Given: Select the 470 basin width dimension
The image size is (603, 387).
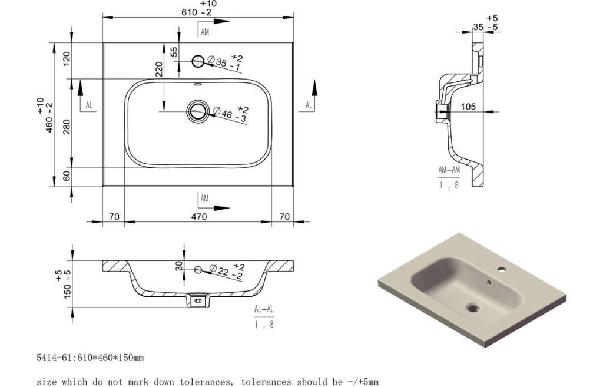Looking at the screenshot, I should tap(198, 217).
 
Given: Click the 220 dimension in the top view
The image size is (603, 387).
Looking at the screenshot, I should tap(158, 70).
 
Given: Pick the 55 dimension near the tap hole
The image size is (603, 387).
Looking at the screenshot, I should tap(174, 51).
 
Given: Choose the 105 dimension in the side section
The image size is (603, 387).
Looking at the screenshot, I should tap(468, 107).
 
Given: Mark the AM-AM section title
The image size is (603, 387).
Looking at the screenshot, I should tap(449, 170).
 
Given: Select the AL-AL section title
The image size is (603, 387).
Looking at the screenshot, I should tap(264, 309).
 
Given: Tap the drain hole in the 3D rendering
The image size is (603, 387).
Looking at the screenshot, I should tap(472, 307).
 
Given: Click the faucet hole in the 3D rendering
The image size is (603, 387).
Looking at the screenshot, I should tap(502, 272).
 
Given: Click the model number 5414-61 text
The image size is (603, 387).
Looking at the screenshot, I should tap(54, 358).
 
